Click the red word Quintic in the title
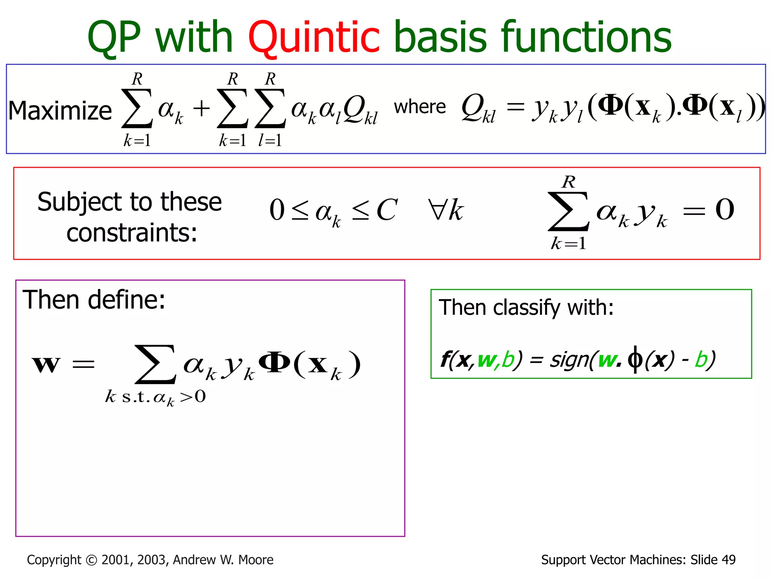pyautogui.click(x=314, y=38)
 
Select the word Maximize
pyautogui.click(x=60, y=111)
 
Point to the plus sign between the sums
pyautogui.click(x=201, y=109)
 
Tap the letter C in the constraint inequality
pyautogui.click(x=387, y=210)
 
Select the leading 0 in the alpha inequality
pyautogui.click(x=277, y=210)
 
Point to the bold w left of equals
pyautogui.click(x=46, y=365)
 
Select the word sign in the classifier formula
pyautogui.click(x=568, y=360)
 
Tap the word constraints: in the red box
pyautogui.click(x=132, y=233)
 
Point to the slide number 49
pyautogui.click(x=728, y=560)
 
